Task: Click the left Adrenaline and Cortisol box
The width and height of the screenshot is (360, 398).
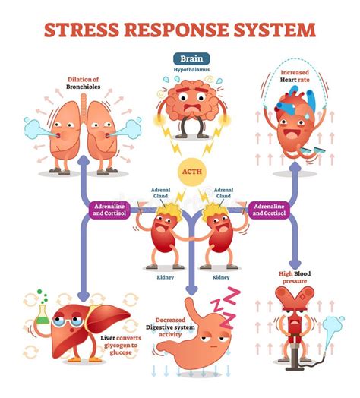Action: [112, 208]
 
